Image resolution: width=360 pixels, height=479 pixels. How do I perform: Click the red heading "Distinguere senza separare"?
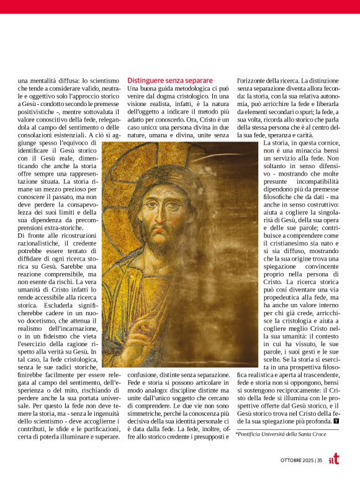point(170,81)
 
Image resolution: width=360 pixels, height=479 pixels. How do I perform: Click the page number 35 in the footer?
point(319,460)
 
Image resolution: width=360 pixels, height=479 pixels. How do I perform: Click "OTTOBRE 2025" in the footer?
point(295,460)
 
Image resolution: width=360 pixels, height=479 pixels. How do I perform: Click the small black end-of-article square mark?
point(336,422)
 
